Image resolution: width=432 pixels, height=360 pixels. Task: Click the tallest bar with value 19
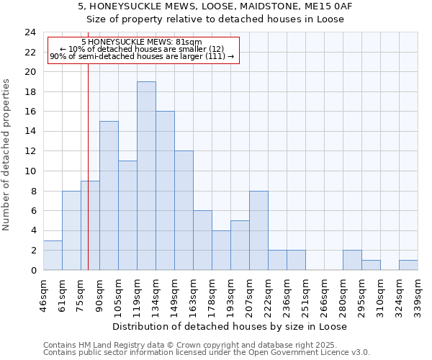coord(146,176)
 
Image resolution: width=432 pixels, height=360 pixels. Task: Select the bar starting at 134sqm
coord(165,191)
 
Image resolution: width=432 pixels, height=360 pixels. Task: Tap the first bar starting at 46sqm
coord(53,256)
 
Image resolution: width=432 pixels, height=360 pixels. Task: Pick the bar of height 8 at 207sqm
coord(258,230)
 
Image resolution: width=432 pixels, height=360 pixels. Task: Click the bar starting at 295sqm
coord(371,265)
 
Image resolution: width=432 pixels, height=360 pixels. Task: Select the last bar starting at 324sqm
coord(408,265)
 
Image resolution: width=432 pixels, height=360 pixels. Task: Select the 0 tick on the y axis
coord(33,270)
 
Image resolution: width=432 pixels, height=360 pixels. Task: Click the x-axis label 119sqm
coord(138,294)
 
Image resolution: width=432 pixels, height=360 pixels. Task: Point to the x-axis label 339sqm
coord(418,294)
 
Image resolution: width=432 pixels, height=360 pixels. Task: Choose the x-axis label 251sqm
coord(305,294)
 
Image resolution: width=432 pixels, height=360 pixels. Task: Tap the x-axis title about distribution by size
coord(230,326)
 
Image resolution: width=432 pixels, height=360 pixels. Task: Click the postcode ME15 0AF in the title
coord(326,6)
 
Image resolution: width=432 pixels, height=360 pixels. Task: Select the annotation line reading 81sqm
coord(142,42)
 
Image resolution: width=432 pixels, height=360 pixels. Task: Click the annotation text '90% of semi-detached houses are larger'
coord(142,56)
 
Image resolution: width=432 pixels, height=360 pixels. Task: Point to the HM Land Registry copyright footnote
coord(206,345)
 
